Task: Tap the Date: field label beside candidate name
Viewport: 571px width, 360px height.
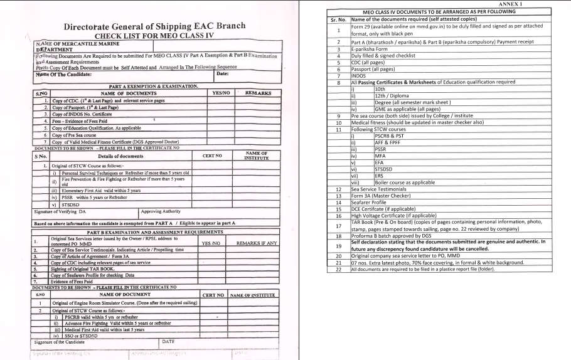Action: coord(222,74)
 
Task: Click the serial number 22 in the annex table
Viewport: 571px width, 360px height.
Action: coord(339,269)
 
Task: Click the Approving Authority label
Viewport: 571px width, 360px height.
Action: coord(161,211)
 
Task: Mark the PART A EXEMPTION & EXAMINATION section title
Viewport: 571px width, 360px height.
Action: coord(154,86)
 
